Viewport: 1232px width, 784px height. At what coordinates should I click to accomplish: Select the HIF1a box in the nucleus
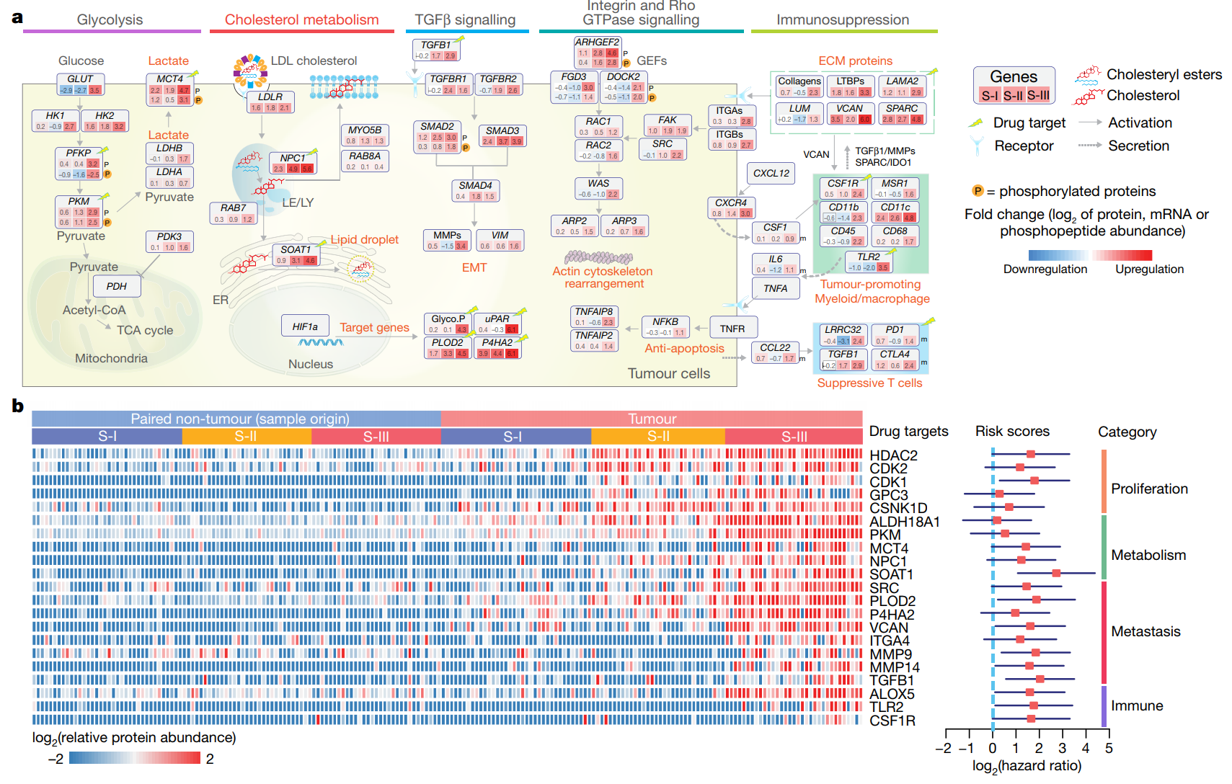[305, 326]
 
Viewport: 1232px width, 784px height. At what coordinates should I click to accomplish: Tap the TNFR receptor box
[732, 329]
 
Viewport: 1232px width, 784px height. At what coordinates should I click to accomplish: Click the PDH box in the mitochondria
[117, 286]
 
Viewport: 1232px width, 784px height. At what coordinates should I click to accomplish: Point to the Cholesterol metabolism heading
[301, 19]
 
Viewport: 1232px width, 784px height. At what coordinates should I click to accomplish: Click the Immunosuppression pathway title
[842, 19]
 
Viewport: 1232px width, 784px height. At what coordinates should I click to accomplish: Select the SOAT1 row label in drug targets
[891, 574]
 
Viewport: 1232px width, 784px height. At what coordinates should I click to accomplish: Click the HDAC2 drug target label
[893, 455]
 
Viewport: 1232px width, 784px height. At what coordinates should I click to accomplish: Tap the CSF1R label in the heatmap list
[892, 721]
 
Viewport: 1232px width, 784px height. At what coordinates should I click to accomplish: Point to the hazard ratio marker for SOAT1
[1056, 573]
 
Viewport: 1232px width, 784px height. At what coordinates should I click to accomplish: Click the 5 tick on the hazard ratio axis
[1109, 748]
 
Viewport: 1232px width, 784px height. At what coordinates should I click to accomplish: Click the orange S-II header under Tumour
[657, 437]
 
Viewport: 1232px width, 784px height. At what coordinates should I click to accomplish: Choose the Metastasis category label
[1145, 632]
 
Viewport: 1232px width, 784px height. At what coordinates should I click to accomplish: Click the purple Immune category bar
[1103, 706]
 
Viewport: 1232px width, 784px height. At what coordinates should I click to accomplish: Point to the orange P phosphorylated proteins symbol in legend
[978, 191]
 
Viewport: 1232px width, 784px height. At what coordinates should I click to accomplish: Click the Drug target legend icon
[976, 123]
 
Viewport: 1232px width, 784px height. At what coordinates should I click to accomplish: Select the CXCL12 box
[771, 173]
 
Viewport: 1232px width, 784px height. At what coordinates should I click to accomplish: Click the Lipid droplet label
[364, 239]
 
